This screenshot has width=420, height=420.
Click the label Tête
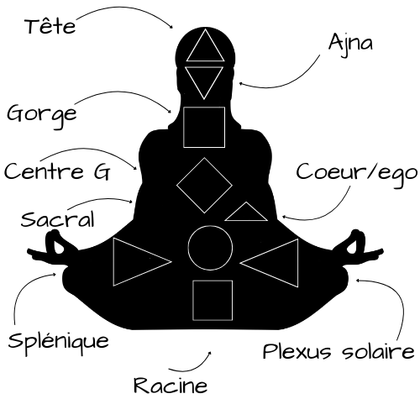point(50,26)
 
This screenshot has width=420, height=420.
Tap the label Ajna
point(350,44)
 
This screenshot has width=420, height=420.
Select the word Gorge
point(42,115)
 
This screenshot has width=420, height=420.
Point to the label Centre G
point(57,171)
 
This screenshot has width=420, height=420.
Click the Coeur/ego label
point(357,174)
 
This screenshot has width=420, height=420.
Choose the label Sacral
point(58,219)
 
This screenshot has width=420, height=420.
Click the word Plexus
point(297,351)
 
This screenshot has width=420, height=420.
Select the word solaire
point(378,351)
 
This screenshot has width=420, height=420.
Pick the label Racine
point(171,385)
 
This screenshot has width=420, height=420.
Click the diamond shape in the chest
point(191,171)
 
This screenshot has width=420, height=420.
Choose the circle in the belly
point(210,226)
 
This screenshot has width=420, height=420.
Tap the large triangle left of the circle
point(113,262)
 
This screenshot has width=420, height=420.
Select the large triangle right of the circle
point(297,263)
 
